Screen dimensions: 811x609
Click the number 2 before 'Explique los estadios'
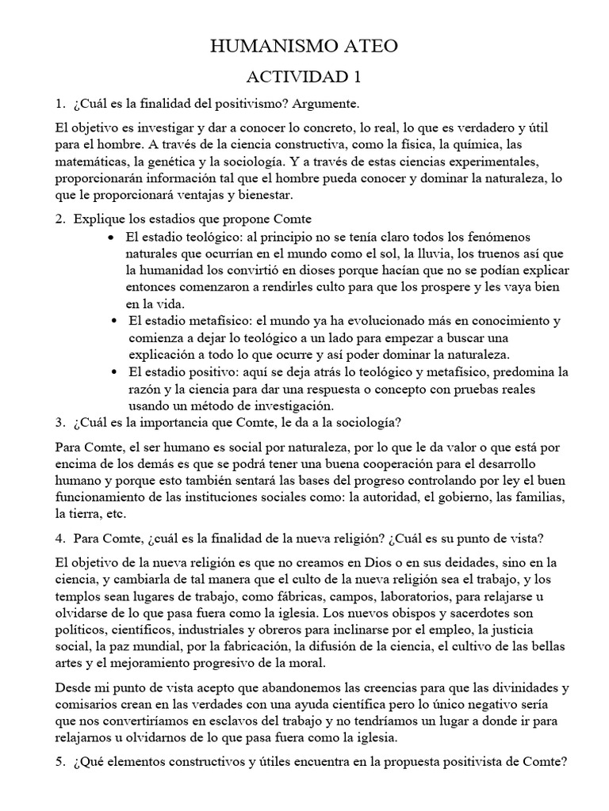(59, 219)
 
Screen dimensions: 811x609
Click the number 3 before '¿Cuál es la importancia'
(59, 421)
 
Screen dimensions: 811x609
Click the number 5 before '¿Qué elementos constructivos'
(59, 762)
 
